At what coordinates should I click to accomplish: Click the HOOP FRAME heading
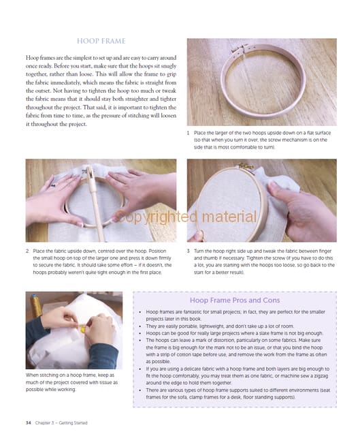(x=101, y=41)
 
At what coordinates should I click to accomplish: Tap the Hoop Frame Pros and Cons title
(x=235, y=300)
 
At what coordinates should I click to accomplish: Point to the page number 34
(x=29, y=423)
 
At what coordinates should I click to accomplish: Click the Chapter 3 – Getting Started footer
(x=61, y=423)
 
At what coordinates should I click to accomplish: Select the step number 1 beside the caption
(x=188, y=133)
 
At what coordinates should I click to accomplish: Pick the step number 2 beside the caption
(x=27, y=251)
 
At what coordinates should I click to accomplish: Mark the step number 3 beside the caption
(x=189, y=251)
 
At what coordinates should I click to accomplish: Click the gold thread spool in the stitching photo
(x=35, y=306)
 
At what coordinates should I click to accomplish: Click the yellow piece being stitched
(x=82, y=328)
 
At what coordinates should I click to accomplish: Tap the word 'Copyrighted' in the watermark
(x=156, y=217)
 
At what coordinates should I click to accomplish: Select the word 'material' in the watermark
(x=229, y=217)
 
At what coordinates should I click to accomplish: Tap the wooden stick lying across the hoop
(x=96, y=203)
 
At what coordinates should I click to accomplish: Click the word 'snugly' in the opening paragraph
(x=168, y=66)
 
